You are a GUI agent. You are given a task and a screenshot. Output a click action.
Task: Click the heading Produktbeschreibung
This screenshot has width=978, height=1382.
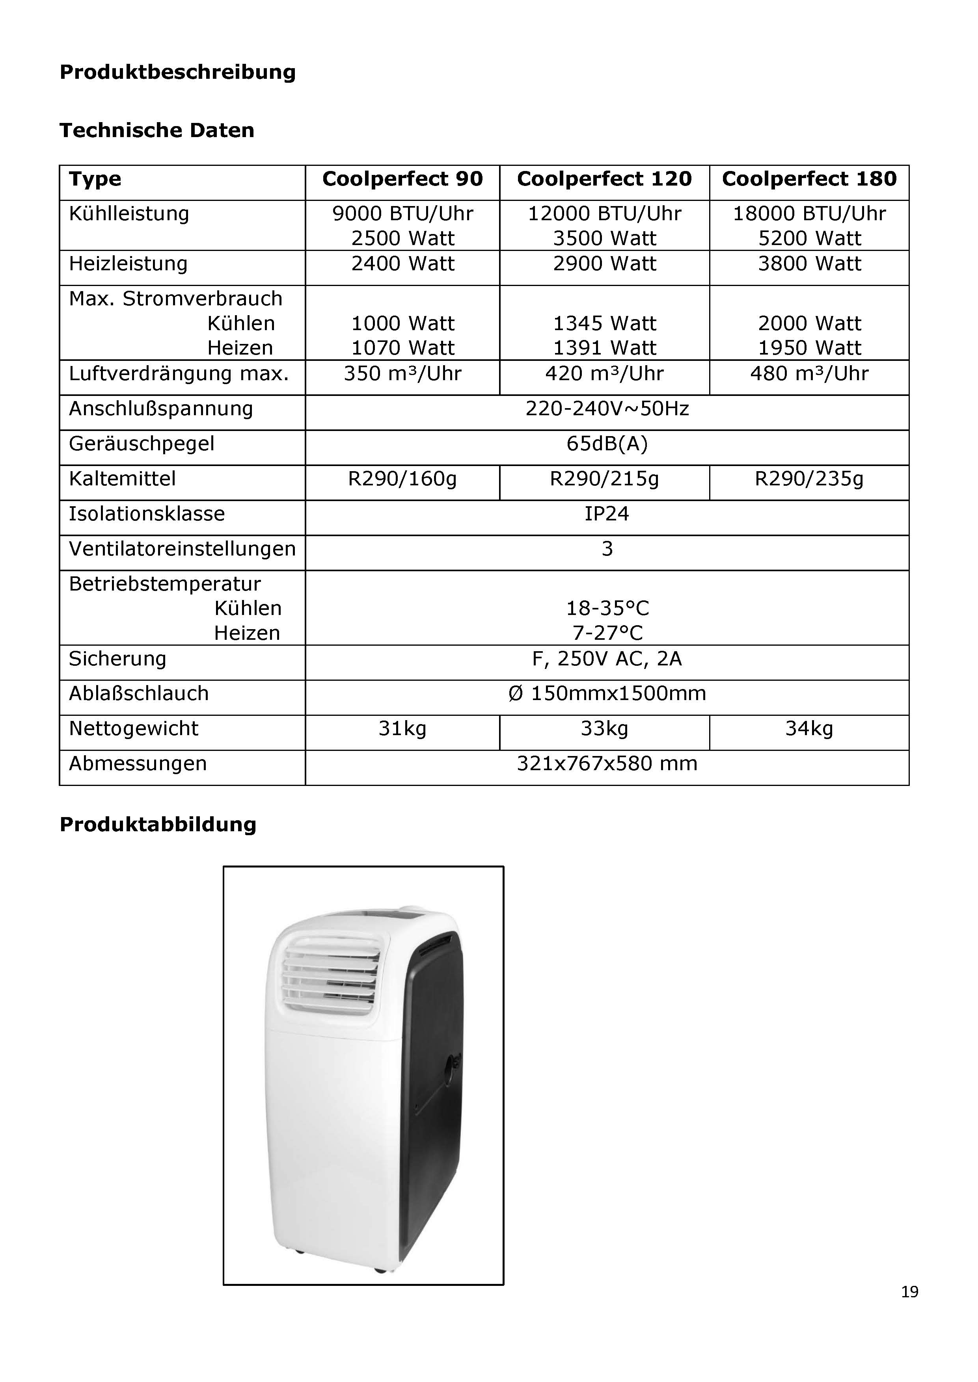(x=178, y=72)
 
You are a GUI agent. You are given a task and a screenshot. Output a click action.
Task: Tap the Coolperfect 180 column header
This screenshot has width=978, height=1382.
(x=809, y=179)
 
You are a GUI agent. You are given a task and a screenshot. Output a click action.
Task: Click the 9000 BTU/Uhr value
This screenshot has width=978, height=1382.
(x=402, y=214)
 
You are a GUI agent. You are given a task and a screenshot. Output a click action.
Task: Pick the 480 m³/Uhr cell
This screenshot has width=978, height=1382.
(x=809, y=374)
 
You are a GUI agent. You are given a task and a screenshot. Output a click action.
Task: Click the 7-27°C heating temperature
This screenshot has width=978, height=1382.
(x=607, y=633)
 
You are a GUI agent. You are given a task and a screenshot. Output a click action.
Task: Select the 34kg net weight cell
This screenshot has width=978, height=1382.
(x=809, y=729)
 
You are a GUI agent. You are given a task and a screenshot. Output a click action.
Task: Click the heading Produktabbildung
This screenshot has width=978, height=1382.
(x=158, y=825)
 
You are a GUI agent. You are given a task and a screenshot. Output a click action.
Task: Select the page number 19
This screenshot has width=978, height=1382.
(x=909, y=1292)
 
